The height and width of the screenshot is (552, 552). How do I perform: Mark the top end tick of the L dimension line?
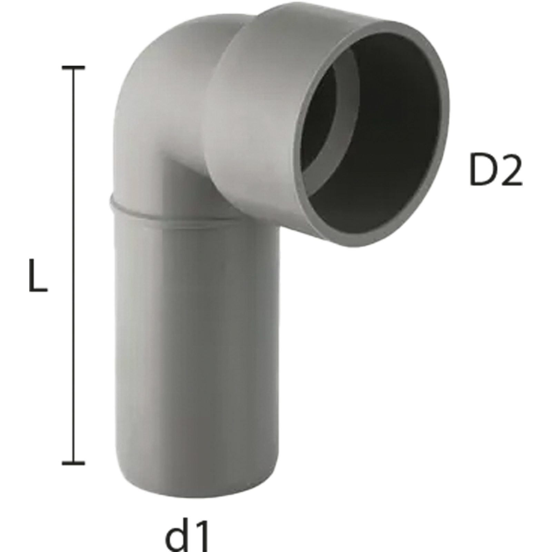pos(73,68)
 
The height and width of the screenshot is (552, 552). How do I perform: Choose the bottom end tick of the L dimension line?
pos(73,462)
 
